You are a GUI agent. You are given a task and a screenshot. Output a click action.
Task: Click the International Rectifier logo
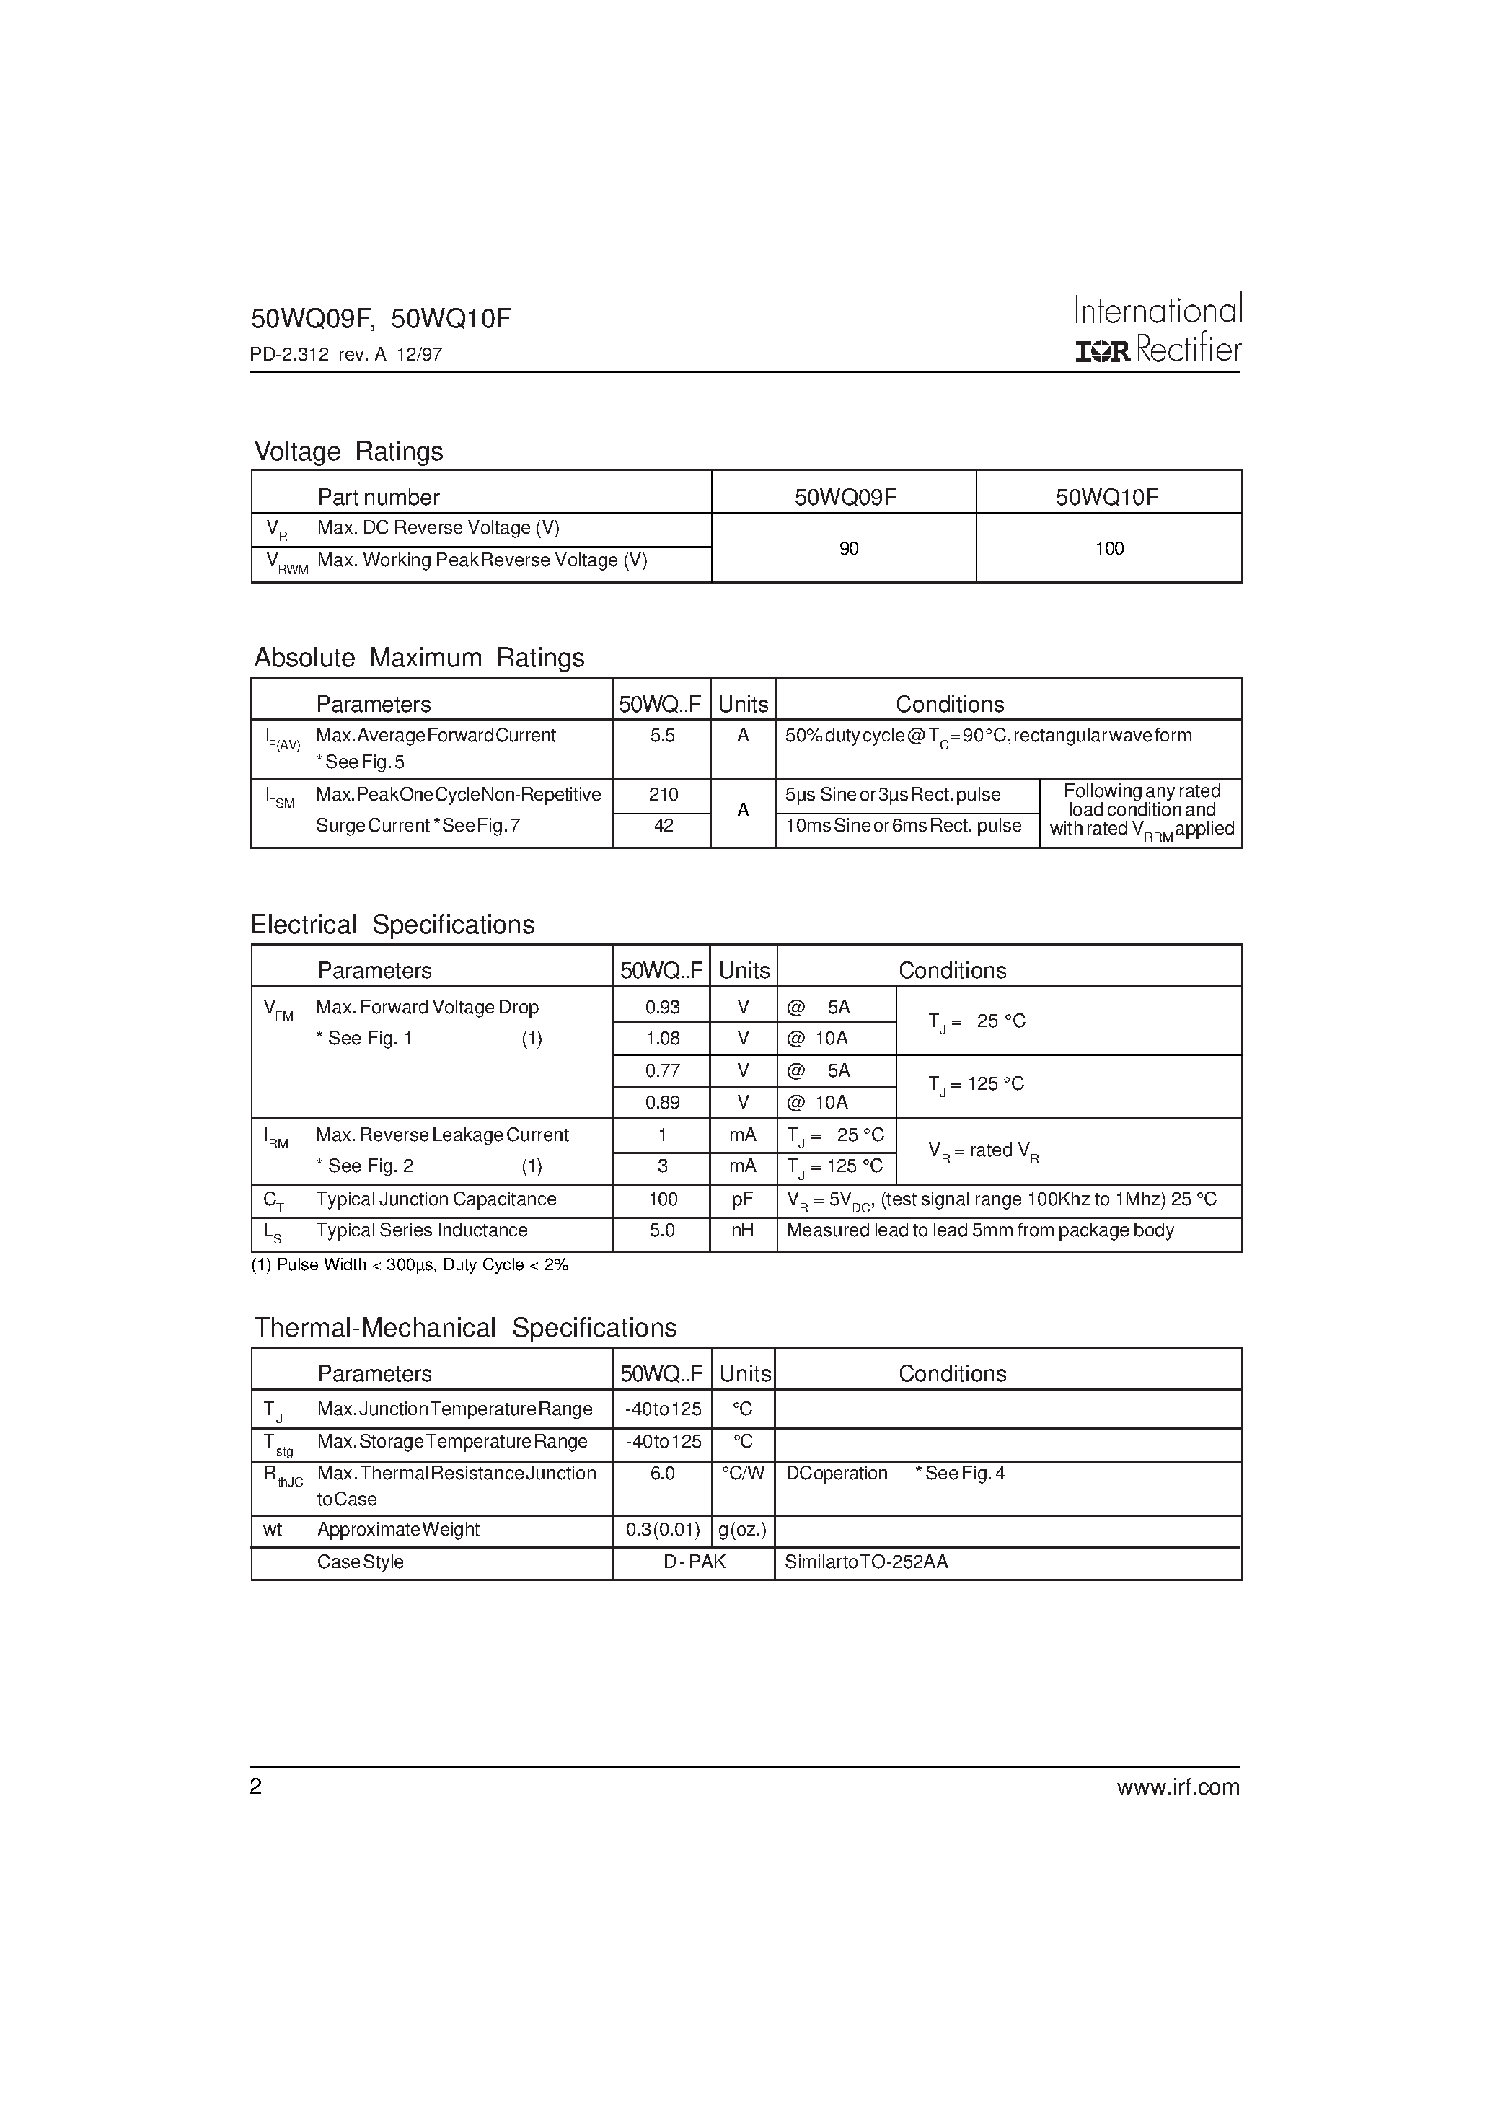1158,330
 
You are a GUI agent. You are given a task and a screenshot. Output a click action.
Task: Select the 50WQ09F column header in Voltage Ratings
845,497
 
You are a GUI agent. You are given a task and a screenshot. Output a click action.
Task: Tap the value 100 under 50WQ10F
1108,548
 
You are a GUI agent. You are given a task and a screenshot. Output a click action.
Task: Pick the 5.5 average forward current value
662,736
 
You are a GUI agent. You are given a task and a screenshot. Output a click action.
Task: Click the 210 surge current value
664,795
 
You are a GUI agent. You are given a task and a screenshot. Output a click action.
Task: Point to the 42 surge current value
664,826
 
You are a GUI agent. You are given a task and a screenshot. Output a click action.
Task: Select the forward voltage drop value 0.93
662,1008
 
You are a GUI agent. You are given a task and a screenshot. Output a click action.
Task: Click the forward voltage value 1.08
662,1039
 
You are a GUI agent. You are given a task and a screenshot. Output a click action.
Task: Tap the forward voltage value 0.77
662,1071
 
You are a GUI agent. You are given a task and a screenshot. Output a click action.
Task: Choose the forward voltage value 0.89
662,1102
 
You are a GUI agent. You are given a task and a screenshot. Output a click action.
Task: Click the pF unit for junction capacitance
742,1199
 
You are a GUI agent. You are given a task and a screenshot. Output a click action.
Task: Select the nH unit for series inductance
742,1231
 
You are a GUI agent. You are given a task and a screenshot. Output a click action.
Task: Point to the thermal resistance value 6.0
662,1474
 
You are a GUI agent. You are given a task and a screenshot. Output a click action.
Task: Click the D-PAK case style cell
695,1562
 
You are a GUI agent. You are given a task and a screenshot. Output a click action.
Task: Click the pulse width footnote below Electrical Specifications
410,1265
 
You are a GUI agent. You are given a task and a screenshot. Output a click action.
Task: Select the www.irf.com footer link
1178,1787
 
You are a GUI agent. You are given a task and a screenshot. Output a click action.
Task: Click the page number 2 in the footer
256,1786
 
